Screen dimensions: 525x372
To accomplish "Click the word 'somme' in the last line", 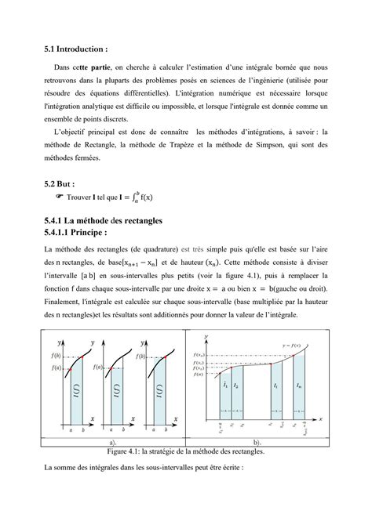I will point(64,468).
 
